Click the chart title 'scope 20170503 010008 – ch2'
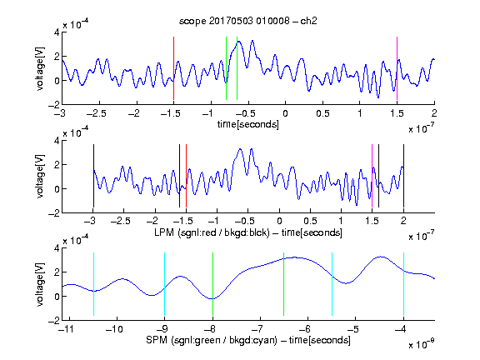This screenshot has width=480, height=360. [x=248, y=21]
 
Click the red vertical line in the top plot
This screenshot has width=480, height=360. [x=173, y=68]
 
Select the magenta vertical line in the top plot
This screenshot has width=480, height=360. [x=397, y=68]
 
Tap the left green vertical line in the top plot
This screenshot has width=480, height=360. [x=226, y=68]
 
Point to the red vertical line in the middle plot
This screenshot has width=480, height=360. [x=186, y=176]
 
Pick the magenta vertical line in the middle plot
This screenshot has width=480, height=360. [x=372, y=176]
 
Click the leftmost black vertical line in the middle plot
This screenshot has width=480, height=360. [x=93, y=176]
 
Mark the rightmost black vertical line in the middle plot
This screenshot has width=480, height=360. [x=403, y=176]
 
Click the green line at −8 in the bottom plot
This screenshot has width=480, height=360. [x=212, y=284]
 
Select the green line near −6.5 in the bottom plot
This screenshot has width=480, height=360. [x=284, y=284]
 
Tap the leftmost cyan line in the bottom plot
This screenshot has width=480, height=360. [x=93, y=284]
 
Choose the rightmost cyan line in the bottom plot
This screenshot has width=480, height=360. [x=403, y=284]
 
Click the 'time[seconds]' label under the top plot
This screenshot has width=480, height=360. [x=248, y=124]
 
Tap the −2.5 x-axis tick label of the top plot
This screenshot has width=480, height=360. [x=97, y=113]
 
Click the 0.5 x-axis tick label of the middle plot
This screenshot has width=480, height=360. [x=310, y=222]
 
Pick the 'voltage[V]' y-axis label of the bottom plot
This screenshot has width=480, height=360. [x=40, y=284]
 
